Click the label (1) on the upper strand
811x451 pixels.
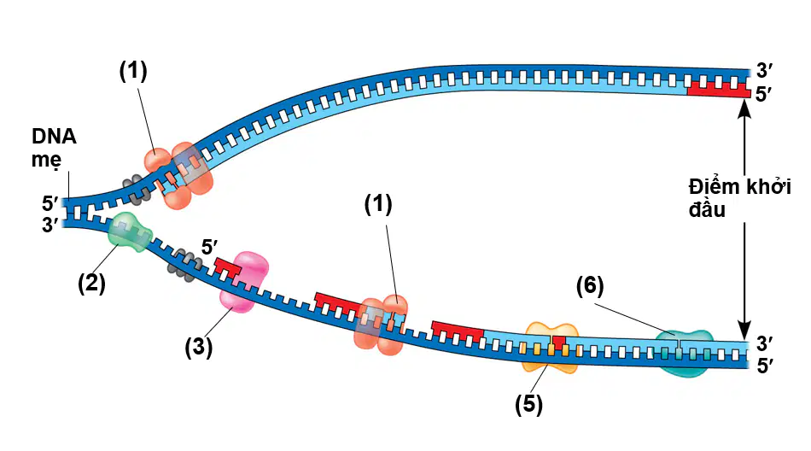133,71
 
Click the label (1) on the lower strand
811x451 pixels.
378,204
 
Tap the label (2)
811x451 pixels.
91,284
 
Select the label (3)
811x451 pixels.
199,348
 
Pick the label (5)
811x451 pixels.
528,404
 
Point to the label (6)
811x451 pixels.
590,286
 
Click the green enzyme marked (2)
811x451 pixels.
129,232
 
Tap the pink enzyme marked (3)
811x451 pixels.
245,282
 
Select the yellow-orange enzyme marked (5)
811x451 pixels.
551,348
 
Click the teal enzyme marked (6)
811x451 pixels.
684,353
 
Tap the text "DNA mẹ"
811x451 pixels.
54,148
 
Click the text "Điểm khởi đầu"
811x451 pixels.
739,197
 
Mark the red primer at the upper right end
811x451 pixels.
719,89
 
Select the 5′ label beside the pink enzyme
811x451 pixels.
209,247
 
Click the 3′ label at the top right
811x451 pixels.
764,70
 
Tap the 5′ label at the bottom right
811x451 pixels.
765,366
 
